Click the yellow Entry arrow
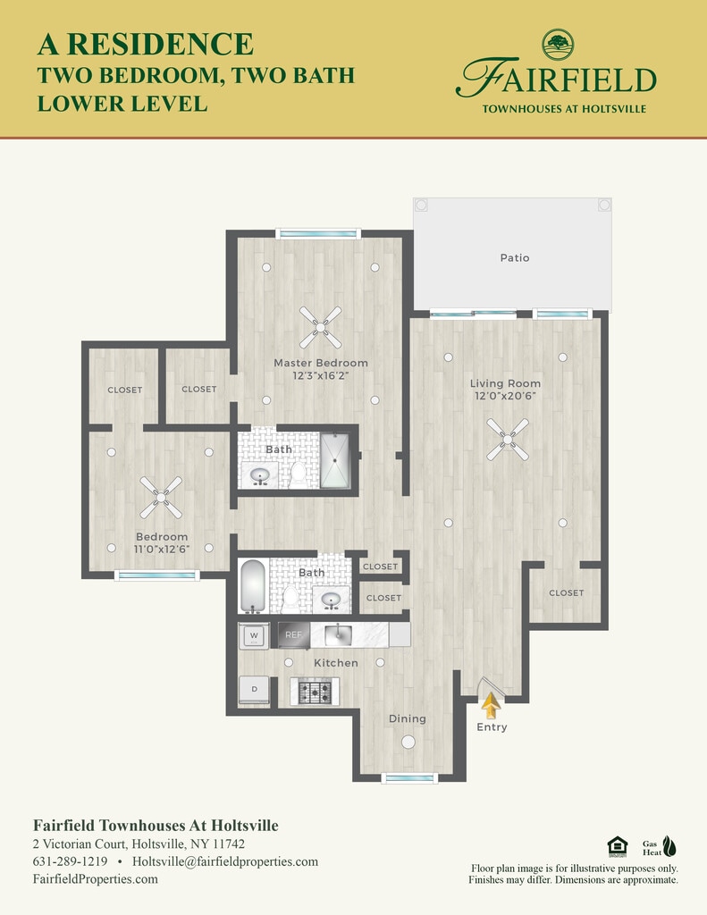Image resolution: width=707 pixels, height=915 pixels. point(492,705)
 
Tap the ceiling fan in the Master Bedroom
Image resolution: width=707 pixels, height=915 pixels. point(321,327)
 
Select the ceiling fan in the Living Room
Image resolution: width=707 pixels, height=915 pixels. point(508,439)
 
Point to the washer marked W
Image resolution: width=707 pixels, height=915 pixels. point(254,635)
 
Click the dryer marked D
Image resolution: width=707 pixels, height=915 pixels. point(255,690)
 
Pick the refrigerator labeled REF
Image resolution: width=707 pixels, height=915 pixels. point(294,635)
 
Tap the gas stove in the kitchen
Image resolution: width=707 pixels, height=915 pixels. point(315,693)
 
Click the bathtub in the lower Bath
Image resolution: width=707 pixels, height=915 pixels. point(253,586)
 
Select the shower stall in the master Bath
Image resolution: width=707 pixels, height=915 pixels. point(335,460)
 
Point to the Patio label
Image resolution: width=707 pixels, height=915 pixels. point(514,257)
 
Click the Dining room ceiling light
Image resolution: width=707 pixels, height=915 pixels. point(408,743)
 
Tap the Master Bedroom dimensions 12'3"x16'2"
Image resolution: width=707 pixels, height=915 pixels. point(321,375)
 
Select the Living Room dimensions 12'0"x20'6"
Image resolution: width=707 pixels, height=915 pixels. point(505,396)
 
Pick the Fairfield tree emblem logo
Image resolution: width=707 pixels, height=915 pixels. point(558,45)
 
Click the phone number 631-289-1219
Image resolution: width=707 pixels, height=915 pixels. point(70,861)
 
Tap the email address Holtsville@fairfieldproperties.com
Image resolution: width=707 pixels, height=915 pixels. point(225,862)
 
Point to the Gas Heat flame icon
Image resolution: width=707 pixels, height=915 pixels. point(669,846)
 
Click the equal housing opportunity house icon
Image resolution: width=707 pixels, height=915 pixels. point(617,847)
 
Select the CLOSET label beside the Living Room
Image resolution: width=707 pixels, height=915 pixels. point(567,593)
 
